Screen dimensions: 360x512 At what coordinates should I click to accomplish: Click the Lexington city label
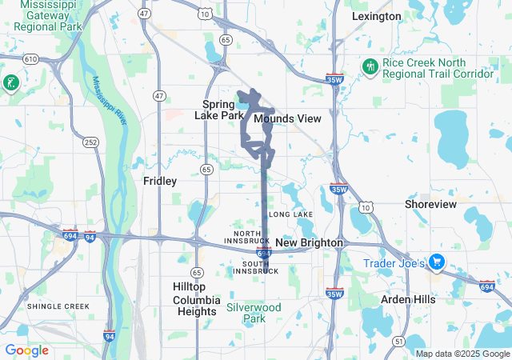tap(376, 16)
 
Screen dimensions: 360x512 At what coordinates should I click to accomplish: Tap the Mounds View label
tap(287, 118)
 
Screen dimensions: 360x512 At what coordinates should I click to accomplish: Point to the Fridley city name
tap(159, 181)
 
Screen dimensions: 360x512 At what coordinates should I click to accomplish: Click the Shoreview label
tap(430, 204)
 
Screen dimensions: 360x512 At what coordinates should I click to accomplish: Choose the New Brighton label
tap(309, 242)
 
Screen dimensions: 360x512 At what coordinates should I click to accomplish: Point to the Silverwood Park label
tap(254, 313)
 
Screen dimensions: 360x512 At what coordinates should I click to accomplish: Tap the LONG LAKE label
tap(290, 215)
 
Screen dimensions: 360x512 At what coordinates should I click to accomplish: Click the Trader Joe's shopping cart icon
tap(436, 262)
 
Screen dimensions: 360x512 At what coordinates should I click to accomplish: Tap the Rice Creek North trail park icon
tap(370, 66)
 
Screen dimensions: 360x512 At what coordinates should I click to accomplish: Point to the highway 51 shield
tap(398, 342)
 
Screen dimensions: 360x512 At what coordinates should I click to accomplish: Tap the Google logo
tap(26, 350)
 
